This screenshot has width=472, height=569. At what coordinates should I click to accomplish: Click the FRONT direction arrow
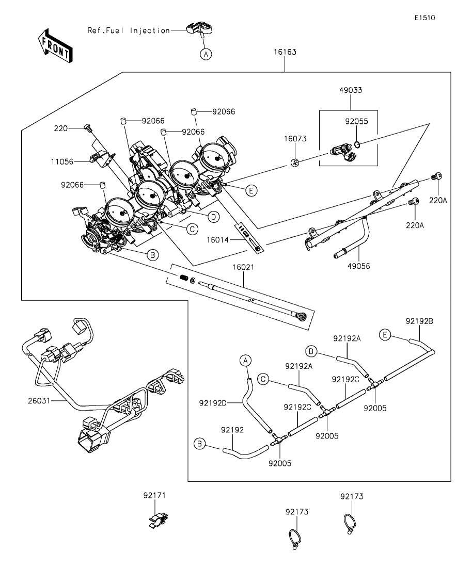(55, 45)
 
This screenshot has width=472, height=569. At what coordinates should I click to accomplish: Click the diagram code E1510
(425, 18)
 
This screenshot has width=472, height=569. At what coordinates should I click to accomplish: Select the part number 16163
(285, 52)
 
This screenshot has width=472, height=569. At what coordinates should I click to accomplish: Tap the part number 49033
(351, 90)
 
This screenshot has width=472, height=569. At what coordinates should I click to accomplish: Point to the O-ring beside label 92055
(357, 145)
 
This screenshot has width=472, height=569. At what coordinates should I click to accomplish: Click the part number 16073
(295, 139)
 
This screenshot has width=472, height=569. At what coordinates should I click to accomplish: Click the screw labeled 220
(88, 127)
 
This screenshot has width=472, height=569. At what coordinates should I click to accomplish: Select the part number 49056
(358, 266)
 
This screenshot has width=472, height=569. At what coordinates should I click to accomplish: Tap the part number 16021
(243, 267)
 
